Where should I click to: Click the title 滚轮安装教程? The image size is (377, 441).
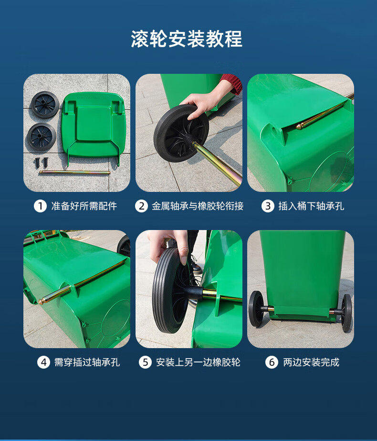pyautogui.click(x=187, y=39)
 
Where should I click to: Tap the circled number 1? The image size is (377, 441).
pyautogui.click(x=40, y=206)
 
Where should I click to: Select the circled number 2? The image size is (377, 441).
pyautogui.click(x=141, y=206)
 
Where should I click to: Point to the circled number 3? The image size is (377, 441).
pyautogui.click(x=268, y=206)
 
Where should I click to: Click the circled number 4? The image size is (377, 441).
pyautogui.click(x=44, y=362)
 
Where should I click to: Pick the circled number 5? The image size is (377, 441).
pyautogui.click(x=145, y=362)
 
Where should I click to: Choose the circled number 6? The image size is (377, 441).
pyautogui.click(x=272, y=362)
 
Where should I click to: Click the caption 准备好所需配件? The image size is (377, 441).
pyautogui.click(x=84, y=206)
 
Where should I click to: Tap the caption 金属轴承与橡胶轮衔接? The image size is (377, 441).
pyautogui.click(x=198, y=206)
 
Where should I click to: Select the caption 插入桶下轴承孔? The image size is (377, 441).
pyautogui.click(x=311, y=206)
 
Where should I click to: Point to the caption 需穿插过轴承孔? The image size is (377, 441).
pyautogui.click(x=87, y=362)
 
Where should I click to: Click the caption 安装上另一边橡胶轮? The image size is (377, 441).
pyautogui.click(x=198, y=362)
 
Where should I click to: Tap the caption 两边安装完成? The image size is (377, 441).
pyautogui.click(x=311, y=362)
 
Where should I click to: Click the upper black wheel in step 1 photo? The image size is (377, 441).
pyautogui.click(x=45, y=105)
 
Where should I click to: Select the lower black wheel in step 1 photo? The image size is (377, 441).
pyautogui.click(x=42, y=137)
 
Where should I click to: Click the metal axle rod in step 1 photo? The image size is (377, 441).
pyautogui.click(x=74, y=172)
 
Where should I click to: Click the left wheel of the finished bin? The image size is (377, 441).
pyautogui.click(x=256, y=309)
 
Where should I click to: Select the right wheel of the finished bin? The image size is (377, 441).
pyautogui.click(x=346, y=313)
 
